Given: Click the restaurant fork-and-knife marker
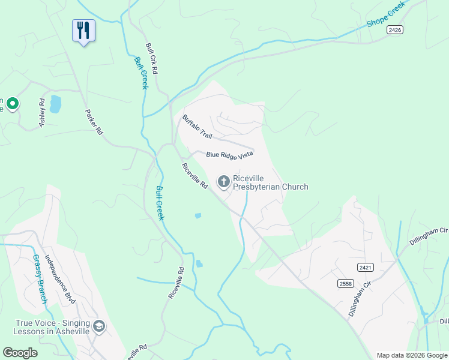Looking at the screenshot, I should pos(83,30).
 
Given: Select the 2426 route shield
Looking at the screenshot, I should pos(394,30).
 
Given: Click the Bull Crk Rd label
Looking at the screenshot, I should pos(151,58).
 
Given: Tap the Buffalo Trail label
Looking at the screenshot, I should pos(197,126).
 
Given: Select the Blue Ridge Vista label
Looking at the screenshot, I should pos(229,155).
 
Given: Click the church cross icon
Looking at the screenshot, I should pos(223,181).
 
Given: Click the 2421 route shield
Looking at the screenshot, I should pos(364,266).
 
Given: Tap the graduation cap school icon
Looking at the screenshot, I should pos(99,327).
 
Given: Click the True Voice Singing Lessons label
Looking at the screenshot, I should pos(52,327).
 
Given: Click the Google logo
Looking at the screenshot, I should pos(20,353).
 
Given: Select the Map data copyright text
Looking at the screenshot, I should pos(411,355).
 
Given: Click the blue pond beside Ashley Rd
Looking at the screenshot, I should pos(55,104).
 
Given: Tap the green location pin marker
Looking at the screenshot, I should pos(12,104).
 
